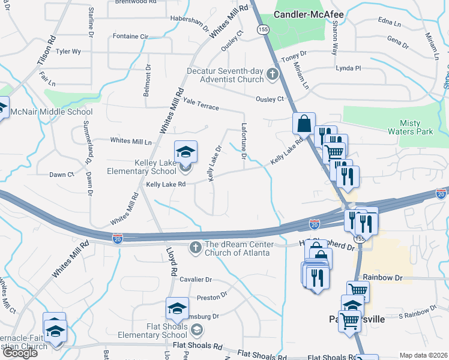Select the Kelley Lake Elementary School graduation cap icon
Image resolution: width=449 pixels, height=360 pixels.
[x=185, y=151]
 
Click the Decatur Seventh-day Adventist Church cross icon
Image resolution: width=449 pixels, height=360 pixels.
[x=273, y=75]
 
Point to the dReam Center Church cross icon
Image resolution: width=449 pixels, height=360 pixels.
[x=195, y=247]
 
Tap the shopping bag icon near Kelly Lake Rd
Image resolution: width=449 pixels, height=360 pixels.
[x=304, y=124]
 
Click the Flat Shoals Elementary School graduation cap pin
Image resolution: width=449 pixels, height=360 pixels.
[x=177, y=309]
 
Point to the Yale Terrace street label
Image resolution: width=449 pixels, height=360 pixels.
[x=202, y=103]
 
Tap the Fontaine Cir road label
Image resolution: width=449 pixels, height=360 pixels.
[x=130, y=37]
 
